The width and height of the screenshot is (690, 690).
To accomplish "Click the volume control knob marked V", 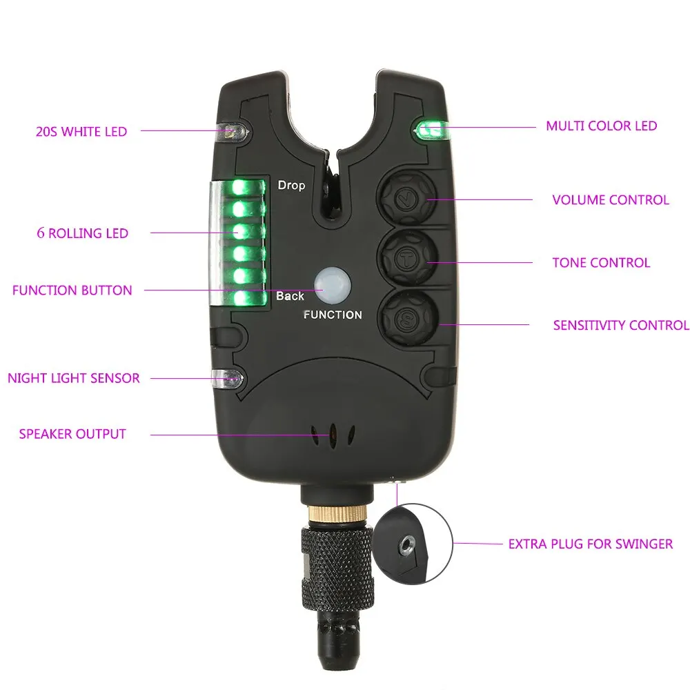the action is pyautogui.click(x=408, y=199).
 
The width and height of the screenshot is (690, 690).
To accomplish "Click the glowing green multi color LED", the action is pyautogui.click(x=431, y=130).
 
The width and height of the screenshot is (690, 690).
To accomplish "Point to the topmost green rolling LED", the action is pyautogui.click(x=239, y=188).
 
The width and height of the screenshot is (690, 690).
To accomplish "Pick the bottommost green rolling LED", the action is pyautogui.click(x=239, y=298).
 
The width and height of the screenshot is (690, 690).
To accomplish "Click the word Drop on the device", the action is pyautogui.click(x=291, y=185).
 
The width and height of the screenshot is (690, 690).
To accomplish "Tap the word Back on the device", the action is pyautogui.click(x=290, y=296).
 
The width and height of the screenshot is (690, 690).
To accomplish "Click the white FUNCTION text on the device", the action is pyautogui.click(x=333, y=315).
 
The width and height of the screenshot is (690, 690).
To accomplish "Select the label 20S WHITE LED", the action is pyautogui.click(x=81, y=132).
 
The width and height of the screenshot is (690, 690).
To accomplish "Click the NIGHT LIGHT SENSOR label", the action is pyautogui.click(x=74, y=378).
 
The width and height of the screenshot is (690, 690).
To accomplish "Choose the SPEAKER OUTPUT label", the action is pyautogui.click(x=72, y=434).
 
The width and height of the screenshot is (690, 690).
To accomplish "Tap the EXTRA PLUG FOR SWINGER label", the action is pyautogui.click(x=591, y=544).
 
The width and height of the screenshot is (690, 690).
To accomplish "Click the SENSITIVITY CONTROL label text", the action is pyautogui.click(x=621, y=325).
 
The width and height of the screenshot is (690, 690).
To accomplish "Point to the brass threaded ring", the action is pyautogui.click(x=337, y=513).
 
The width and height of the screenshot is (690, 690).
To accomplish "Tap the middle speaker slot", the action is pyautogui.click(x=333, y=435).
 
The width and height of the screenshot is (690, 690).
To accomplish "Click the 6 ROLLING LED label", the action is pyautogui.click(x=83, y=233).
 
